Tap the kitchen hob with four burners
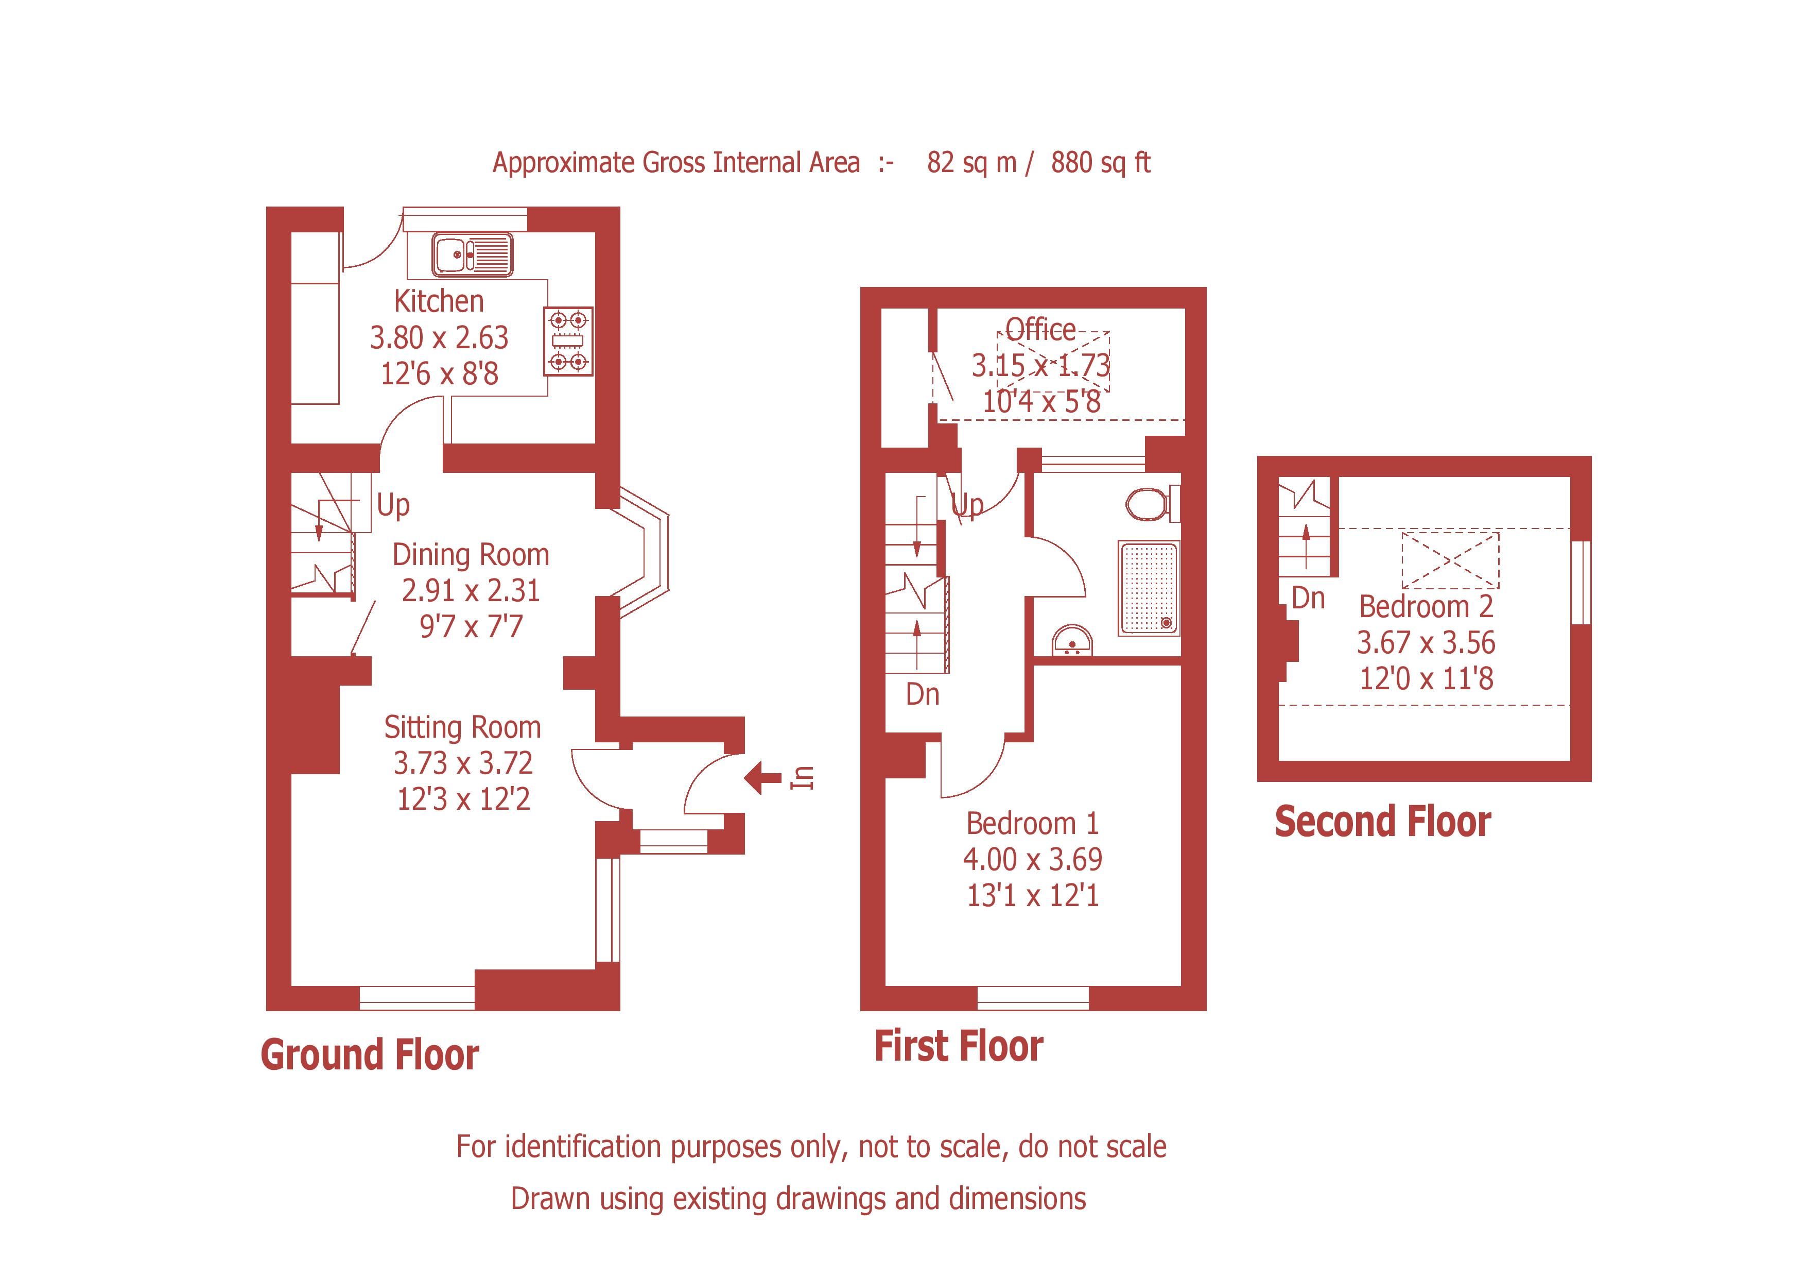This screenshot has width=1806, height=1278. click(x=568, y=340)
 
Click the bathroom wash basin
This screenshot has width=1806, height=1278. click(x=1072, y=641)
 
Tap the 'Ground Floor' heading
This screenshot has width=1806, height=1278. click(x=370, y=1054)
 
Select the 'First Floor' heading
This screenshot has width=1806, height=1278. click(x=959, y=1047)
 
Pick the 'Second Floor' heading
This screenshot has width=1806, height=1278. click(x=1383, y=822)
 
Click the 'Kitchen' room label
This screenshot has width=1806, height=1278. click(x=439, y=301)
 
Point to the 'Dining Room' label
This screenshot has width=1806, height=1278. click(x=471, y=555)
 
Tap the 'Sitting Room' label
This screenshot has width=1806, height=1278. click(x=462, y=728)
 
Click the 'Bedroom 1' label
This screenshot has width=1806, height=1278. click(x=1032, y=823)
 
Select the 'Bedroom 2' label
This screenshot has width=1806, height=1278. click(x=1426, y=607)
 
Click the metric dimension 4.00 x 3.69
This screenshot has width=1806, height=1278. click(x=1032, y=859)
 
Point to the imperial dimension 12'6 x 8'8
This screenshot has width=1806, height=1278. click(x=439, y=373)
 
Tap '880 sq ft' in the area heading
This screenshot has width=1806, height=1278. click(x=1100, y=163)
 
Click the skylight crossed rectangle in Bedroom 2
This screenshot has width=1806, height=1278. click(x=1450, y=560)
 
